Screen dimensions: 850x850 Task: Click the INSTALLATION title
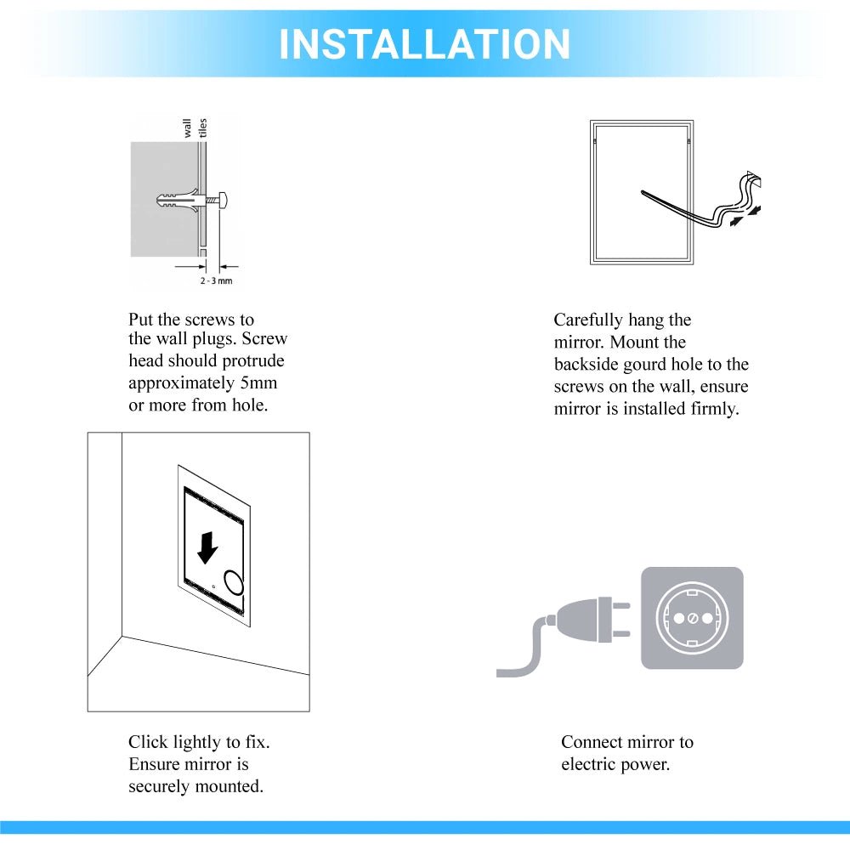click(x=424, y=44)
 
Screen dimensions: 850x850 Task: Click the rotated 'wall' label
click(x=188, y=128)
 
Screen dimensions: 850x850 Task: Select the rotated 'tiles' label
click(x=203, y=128)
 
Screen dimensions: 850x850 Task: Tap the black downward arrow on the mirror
click(x=207, y=548)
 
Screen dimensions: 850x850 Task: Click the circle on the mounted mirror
click(x=233, y=583)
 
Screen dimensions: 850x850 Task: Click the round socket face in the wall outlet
click(x=691, y=618)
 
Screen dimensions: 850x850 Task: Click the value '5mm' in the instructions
click(x=258, y=383)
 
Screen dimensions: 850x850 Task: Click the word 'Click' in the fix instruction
click(x=148, y=742)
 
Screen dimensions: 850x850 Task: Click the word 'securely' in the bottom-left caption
click(x=161, y=786)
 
